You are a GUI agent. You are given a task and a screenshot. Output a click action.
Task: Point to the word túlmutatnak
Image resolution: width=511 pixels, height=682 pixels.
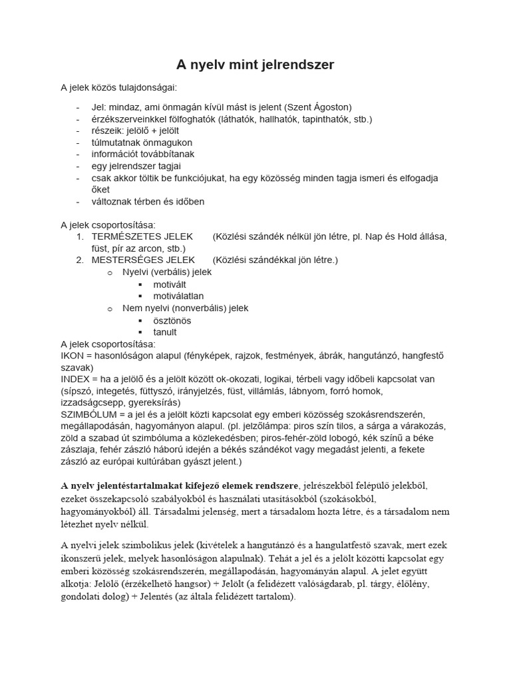click(118, 143)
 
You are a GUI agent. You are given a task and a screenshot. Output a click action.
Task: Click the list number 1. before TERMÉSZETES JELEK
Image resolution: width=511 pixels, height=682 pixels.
click(80, 236)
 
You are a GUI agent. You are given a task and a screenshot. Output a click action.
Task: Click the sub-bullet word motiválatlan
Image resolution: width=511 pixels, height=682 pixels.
click(178, 296)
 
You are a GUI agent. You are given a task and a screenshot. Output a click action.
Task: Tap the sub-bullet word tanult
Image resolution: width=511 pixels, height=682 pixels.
click(165, 332)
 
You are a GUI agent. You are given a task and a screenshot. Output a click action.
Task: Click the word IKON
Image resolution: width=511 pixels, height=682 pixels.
click(72, 356)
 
